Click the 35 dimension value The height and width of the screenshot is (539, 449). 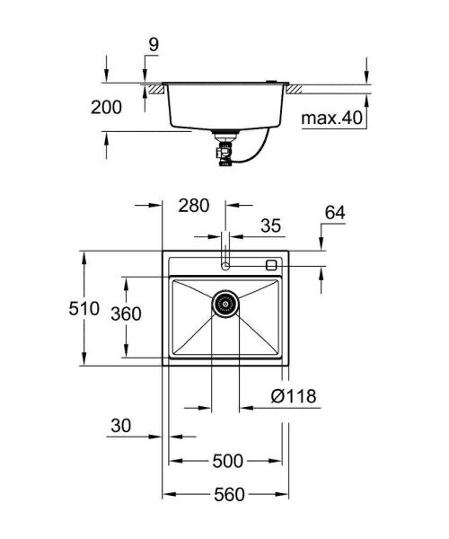point(272,225)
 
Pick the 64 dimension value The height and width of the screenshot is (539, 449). point(335,212)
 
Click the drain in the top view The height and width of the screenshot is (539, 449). point(225,304)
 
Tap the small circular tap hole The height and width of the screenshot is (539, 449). point(225,266)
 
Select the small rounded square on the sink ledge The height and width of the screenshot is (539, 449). point(272,265)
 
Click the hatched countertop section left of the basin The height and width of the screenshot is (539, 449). point(154,88)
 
